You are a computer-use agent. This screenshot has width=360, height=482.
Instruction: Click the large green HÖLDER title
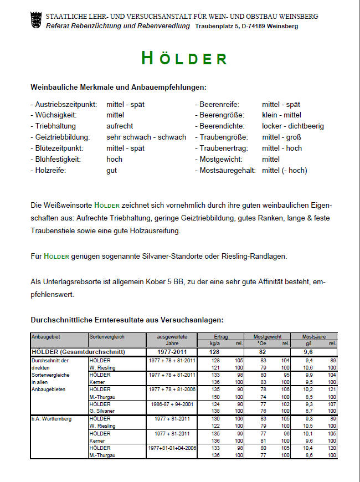coord(184,58)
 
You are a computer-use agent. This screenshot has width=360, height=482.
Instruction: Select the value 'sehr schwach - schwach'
coord(146,137)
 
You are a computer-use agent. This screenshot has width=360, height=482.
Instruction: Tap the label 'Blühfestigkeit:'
coord(56,159)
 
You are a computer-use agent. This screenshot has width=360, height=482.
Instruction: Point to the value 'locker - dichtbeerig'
coord(293,126)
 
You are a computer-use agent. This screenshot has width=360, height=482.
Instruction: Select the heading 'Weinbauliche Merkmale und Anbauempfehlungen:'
coord(119,87)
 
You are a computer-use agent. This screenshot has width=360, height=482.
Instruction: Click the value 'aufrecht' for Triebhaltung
coord(120,126)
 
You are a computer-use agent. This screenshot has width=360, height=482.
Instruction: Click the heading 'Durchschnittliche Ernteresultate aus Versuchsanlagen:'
coord(127,320)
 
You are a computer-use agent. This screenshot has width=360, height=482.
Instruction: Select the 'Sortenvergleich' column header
coord(107,336)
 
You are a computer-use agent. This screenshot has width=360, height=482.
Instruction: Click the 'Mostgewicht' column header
coord(268,336)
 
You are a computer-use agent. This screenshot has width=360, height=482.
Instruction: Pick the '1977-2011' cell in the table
coord(171,352)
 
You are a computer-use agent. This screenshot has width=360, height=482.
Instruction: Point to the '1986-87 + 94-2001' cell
coord(171,405)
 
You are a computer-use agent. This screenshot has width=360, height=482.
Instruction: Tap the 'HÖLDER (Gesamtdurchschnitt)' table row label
coord(78,352)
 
